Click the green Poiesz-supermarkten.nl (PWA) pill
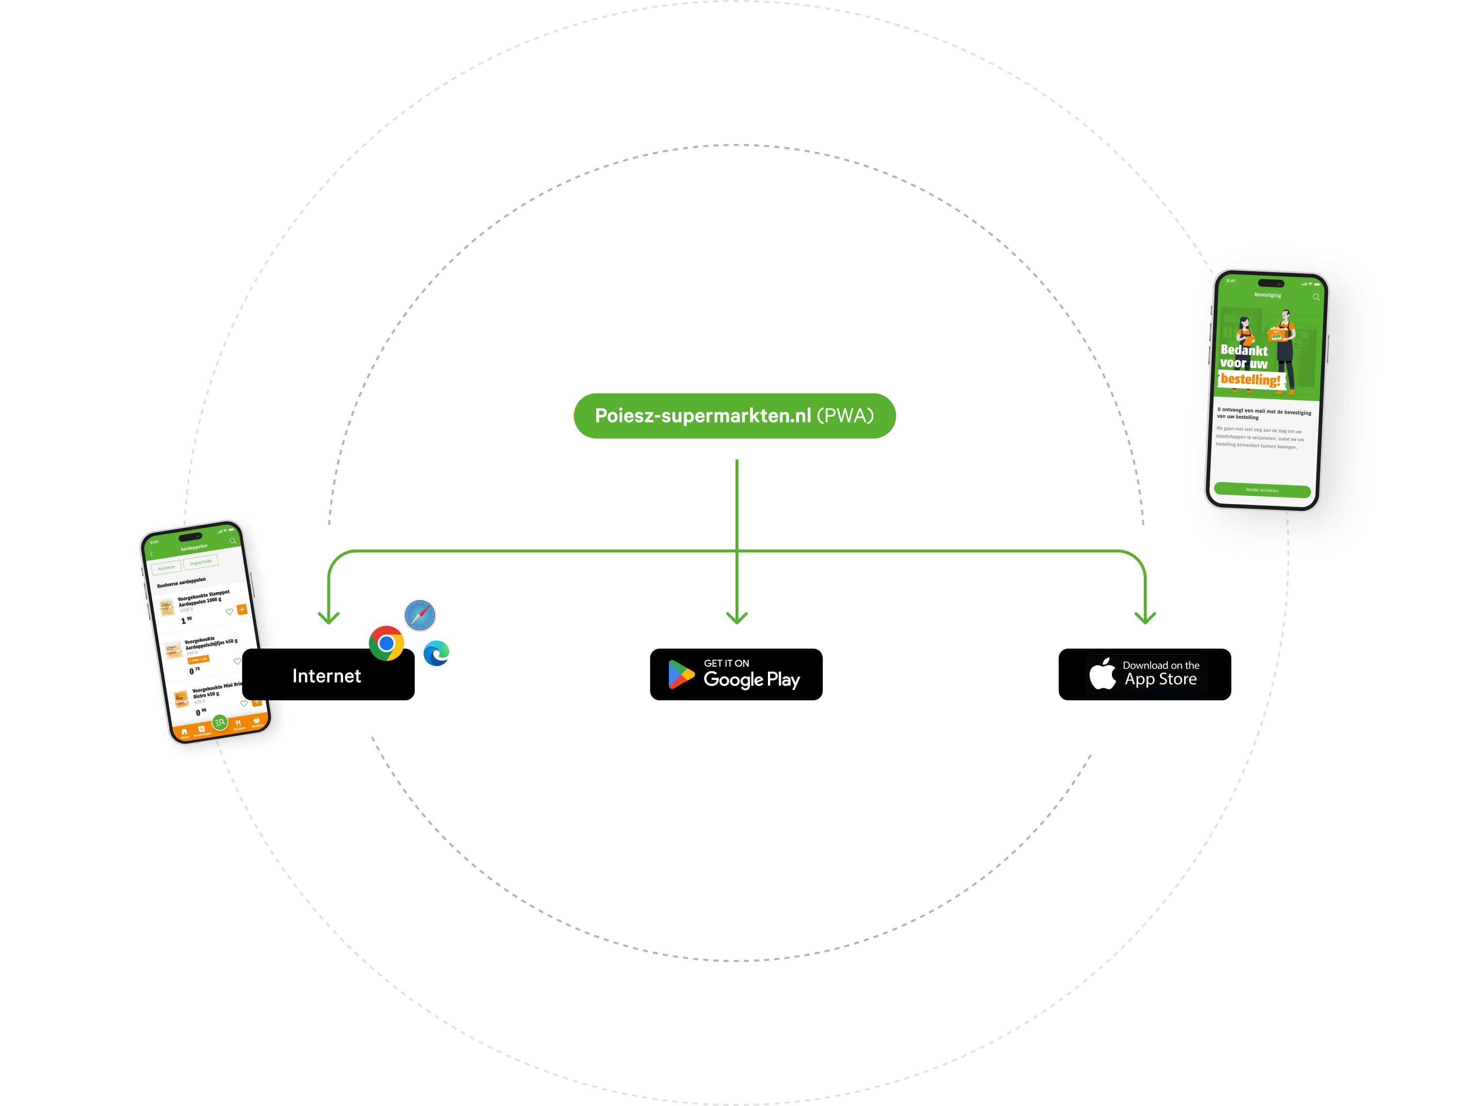tap(734, 416)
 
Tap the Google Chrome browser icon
tap(387, 643)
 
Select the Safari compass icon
tap(420, 615)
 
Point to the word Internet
tap(326, 676)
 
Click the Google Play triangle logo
tap(681, 674)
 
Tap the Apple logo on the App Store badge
tap(1102, 674)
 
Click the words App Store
tap(1160, 679)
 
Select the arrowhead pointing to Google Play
tap(737, 618)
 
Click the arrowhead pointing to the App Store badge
tap(1145, 618)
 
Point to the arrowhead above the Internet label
tap(328, 618)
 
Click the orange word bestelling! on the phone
tap(1250, 380)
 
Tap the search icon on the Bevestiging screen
tap(1316, 297)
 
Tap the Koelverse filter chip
tap(166, 568)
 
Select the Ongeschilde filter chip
tap(200, 562)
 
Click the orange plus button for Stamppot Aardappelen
tap(242, 609)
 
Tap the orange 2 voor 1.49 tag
tap(198, 659)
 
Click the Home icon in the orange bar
tap(184, 732)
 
